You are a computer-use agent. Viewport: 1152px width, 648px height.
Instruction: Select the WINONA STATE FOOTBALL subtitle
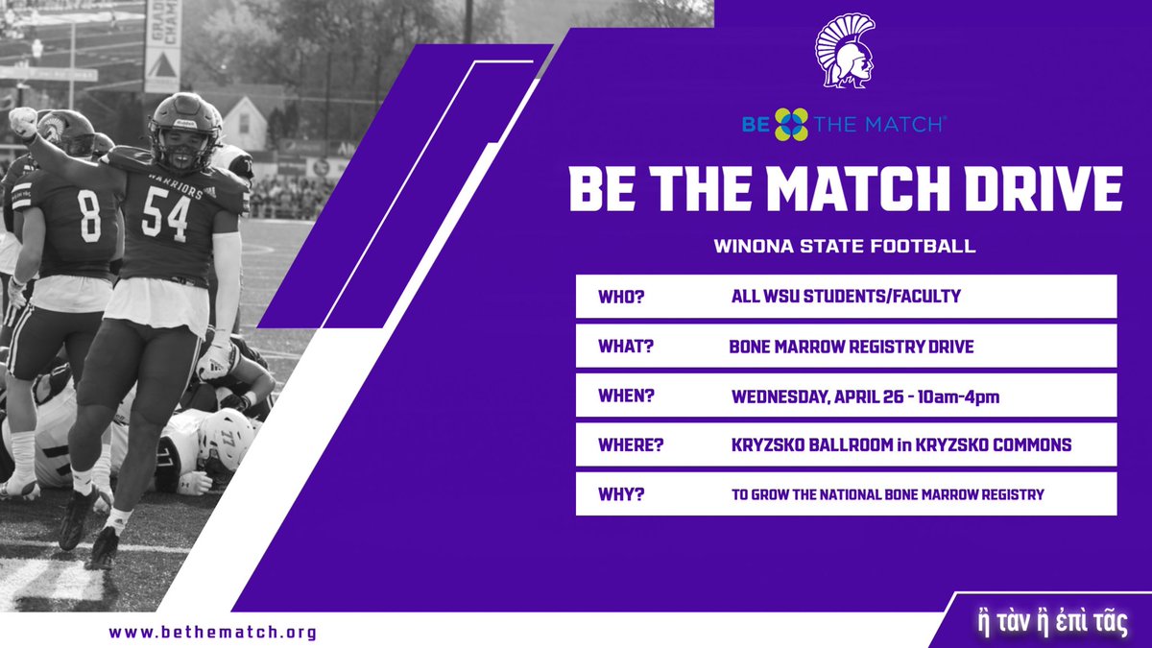tap(845, 247)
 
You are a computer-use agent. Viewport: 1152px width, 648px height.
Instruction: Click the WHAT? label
tap(625, 346)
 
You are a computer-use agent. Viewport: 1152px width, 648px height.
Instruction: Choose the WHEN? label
tap(626, 395)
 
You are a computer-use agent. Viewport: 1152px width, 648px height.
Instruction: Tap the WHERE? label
tap(630, 444)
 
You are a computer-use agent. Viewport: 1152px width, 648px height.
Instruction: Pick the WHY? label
tap(618, 493)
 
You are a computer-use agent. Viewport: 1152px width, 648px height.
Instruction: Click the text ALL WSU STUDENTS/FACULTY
tap(846, 297)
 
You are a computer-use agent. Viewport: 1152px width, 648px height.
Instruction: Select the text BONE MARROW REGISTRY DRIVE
tap(852, 347)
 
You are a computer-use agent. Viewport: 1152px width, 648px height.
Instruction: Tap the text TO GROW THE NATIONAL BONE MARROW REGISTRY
tap(887, 494)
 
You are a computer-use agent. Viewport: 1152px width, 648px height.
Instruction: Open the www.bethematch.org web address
tap(213, 633)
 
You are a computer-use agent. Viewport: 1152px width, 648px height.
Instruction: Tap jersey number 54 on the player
tap(165, 214)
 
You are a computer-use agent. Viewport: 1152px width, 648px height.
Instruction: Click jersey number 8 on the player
tap(89, 217)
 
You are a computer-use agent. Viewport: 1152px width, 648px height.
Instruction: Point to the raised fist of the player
tap(22, 120)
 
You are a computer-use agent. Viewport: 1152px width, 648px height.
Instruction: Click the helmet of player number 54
tap(184, 121)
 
